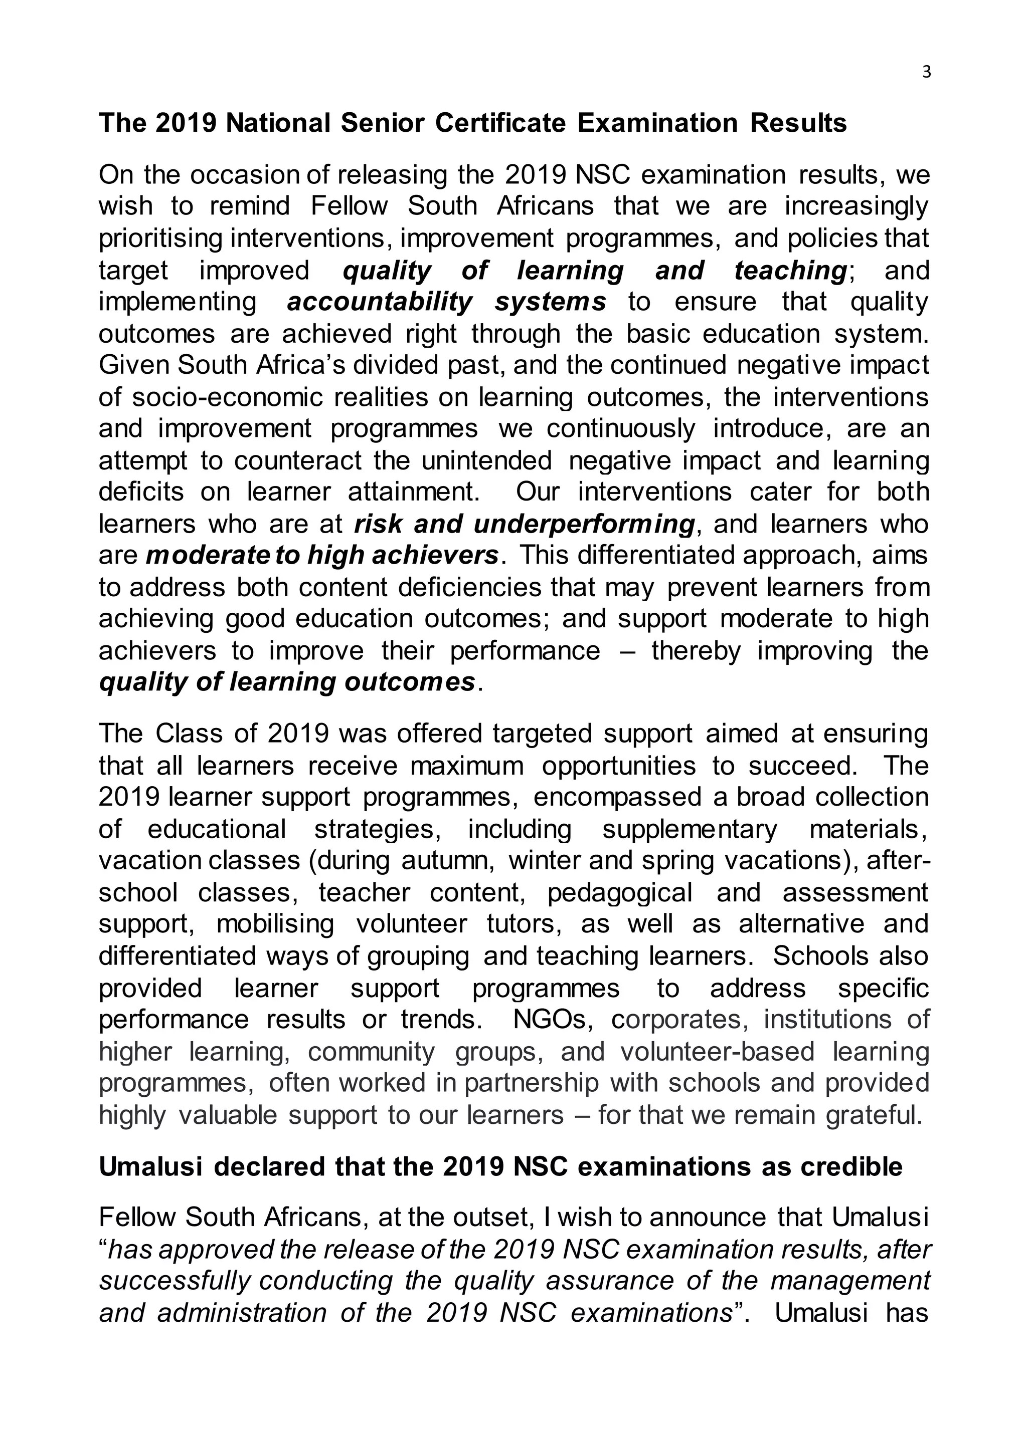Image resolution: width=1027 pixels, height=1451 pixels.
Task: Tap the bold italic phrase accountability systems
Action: point(446,302)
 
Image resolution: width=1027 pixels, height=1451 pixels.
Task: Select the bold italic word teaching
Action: point(790,271)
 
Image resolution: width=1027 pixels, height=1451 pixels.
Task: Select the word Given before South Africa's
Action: point(134,365)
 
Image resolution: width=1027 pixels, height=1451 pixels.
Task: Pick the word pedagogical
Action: point(620,892)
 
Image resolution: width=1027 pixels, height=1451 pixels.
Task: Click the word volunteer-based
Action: point(717,1052)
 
